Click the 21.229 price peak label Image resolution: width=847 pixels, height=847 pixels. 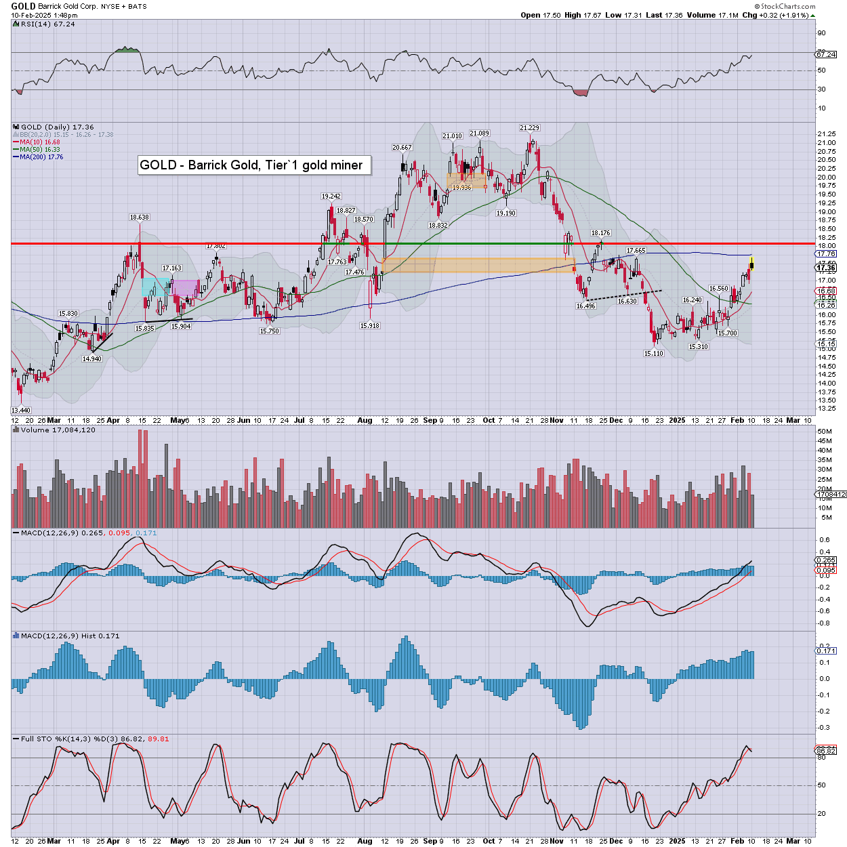point(529,128)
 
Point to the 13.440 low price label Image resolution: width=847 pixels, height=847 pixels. point(21,410)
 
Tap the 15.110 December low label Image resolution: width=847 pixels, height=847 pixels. point(654,353)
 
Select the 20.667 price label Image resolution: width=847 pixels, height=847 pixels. point(402,147)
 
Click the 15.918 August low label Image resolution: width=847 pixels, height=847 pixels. point(370,326)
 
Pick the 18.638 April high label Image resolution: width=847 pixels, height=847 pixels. point(140,218)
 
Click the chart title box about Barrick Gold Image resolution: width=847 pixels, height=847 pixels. point(254,165)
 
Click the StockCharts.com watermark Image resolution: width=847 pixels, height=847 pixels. point(787,6)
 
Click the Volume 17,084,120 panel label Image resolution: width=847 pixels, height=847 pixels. point(58,430)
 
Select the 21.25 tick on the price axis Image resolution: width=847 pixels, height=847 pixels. point(826,134)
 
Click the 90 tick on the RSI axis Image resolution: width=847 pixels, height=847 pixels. point(821,33)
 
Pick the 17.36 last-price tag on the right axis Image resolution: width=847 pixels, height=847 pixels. point(826,268)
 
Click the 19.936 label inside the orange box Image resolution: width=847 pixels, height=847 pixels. point(461,187)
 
